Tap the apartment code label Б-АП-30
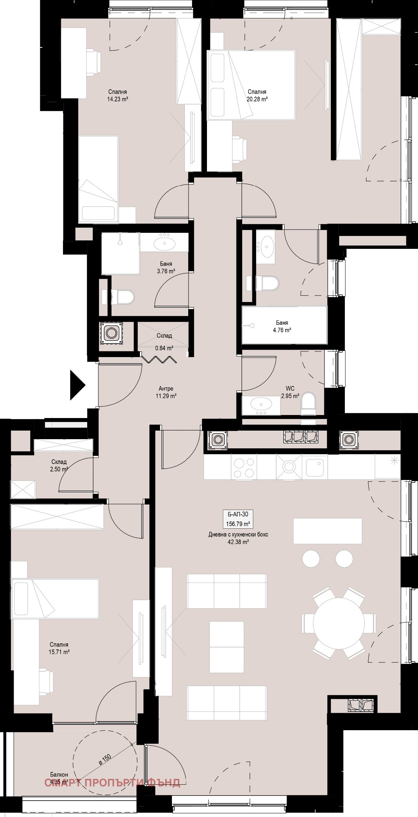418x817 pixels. [238, 514]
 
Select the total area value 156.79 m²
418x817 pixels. [238, 524]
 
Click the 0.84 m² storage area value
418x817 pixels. [164, 348]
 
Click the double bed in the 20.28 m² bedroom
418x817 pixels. [251, 85]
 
